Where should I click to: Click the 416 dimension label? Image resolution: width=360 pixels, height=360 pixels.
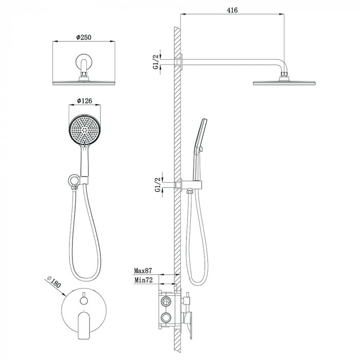[232, 10]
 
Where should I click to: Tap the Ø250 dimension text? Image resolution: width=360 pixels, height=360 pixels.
[84, 37]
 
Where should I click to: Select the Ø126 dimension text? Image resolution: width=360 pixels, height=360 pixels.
[84, 101]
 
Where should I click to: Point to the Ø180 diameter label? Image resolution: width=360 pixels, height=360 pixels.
[53, 282]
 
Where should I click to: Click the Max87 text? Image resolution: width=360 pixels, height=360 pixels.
[143, 271]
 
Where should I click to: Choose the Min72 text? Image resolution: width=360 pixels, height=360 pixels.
[143, 280]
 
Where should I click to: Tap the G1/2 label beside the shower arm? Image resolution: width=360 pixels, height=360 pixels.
[156, 62]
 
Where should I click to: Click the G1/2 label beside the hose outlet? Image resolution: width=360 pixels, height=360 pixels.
[157, 185]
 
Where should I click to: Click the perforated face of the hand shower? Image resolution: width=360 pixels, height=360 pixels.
[84, 130]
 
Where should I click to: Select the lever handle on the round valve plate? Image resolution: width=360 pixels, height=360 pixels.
[84, 325]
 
